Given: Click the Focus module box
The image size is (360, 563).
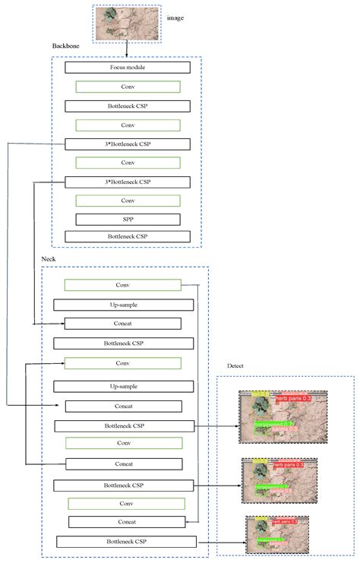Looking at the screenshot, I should point(127,68).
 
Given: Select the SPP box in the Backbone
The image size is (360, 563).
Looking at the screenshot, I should point(127,220).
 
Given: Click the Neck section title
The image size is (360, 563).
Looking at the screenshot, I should point(49,259).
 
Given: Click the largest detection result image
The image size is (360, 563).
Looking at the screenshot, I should point(282,416).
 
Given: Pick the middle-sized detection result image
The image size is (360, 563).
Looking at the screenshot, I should point(279,481).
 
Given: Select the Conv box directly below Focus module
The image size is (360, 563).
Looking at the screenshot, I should point(127,87).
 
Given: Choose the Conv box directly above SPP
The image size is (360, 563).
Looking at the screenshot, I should point(127,201).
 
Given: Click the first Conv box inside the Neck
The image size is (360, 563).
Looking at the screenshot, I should point(122,286).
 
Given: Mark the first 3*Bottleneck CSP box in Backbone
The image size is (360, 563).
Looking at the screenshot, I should point(127,144).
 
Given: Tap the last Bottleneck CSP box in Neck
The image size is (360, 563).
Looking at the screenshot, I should point(126,542).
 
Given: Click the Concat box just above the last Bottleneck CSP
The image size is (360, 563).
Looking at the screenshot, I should point(127,522).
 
